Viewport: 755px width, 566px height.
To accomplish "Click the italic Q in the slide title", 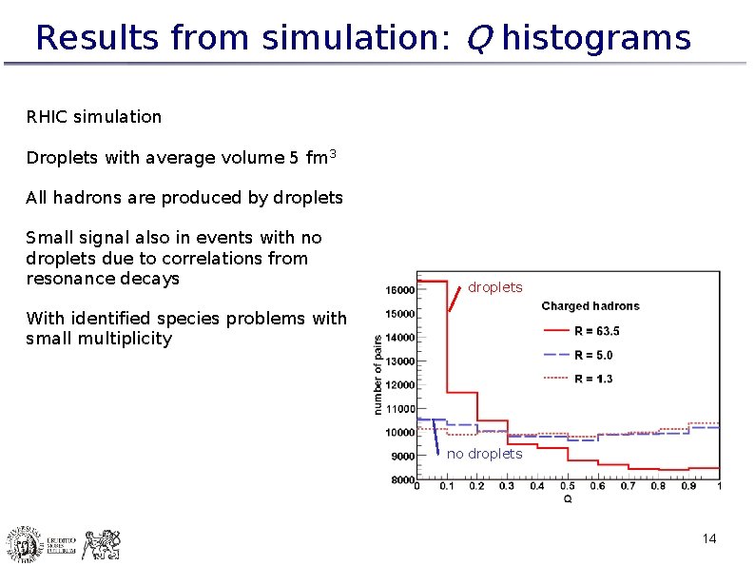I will (x=478, y=39).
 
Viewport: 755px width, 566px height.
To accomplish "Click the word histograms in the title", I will (x=596, y=38).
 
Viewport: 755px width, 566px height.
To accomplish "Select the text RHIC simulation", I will (x=94, y=117).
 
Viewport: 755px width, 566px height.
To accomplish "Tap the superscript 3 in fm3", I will (x=333, y=153).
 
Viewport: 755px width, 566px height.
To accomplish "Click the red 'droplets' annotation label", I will (x=494, y=287).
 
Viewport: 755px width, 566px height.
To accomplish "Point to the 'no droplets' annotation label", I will (x=485, y=454).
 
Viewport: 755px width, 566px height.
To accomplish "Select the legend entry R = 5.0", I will (x=593, y=355).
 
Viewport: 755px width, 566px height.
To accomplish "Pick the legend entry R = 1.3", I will (x=593, y=379).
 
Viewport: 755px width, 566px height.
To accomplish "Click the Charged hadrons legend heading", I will (x=590, y=306).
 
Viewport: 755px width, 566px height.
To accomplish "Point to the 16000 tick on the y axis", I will (x=399, y=290).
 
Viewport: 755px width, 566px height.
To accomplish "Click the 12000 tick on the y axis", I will (x=399, y=385).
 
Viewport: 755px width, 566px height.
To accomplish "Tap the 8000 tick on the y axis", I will (x=402, y=480).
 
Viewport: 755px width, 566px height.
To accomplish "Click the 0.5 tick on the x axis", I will (x=568, y=487).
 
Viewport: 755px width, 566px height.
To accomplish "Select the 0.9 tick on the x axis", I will (x=688, y=487).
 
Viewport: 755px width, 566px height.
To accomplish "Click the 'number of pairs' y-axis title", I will (x=378, y=374).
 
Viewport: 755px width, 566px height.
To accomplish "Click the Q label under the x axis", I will (x=568, y=498).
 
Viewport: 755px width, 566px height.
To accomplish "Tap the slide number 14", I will (x=708, y=539).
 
